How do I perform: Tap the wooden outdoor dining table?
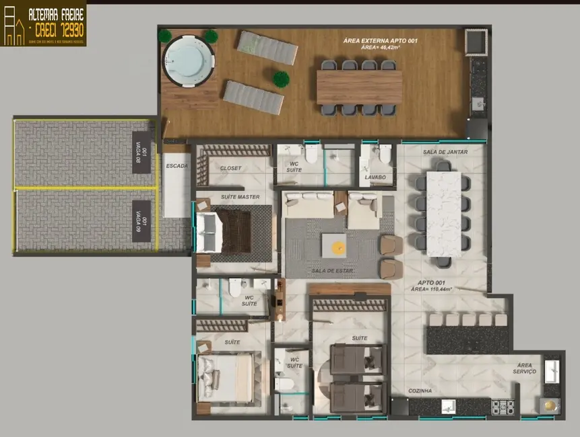coord(359,87)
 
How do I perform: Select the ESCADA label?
coord(176,165)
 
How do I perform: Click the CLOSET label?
coord(231,168)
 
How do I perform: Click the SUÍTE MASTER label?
coord(240,197)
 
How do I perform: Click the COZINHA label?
coord(420,391)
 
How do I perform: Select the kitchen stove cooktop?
coord(502,406)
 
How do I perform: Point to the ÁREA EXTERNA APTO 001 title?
coord(380,41)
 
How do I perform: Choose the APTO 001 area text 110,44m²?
coord(431,288)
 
